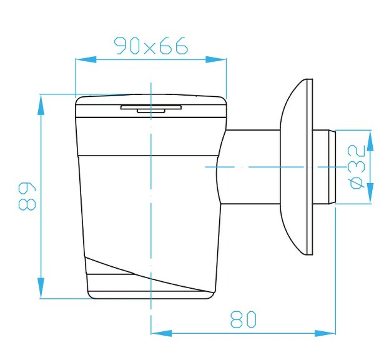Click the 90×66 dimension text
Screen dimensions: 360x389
150,46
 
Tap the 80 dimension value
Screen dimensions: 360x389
243,319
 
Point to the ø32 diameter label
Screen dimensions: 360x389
357,166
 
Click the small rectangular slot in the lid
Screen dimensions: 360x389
150,108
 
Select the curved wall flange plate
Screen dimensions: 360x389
296,167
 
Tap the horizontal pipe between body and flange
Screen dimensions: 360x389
250,167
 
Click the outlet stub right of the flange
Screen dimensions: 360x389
325,167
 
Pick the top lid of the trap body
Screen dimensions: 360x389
150,106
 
